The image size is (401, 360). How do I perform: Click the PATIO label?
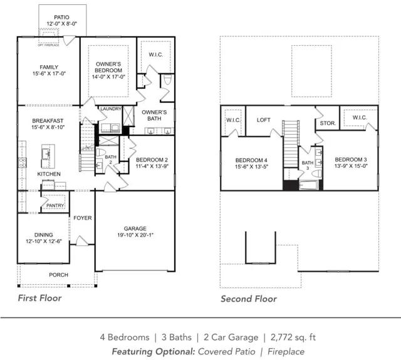(61, 18)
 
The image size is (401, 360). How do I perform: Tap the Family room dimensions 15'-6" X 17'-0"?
(49, 74)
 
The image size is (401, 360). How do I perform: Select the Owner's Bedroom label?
(108, 67)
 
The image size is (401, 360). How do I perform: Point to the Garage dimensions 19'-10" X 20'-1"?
(135, 235)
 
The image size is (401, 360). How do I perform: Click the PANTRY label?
(55, 205)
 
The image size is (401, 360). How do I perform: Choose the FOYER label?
(82, 218)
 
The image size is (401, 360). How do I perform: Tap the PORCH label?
(58, 275)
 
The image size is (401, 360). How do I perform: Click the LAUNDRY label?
(111, 109)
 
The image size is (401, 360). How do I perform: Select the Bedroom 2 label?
(152, 160)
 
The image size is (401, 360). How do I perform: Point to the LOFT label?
(264, 120)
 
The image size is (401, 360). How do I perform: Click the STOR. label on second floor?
(328, 123)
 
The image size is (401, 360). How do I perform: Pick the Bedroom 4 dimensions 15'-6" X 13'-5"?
(251, 167)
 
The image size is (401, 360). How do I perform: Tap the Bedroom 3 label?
(351, 160)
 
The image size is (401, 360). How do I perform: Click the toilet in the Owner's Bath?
(167, 80)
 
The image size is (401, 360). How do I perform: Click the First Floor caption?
(39, 298)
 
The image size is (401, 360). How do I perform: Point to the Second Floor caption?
(249, 299)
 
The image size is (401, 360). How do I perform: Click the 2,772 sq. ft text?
(293, 337)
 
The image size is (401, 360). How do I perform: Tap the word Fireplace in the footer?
(286, 352)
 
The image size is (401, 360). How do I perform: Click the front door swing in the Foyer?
(81, 240)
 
